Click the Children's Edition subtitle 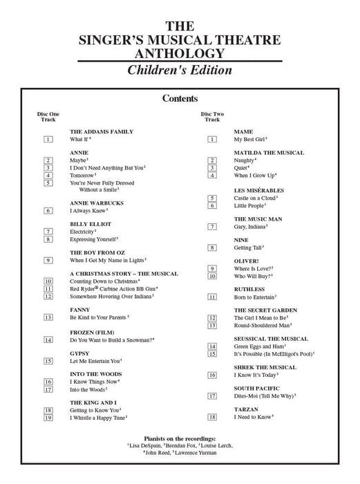pyautogui.click(x=180, y=71)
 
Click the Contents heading pyautogui.click(x=180, y=99)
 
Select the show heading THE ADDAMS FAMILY pyautogui.click(x=102, y=131)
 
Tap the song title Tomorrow pyautogui.click(x=82, y=176)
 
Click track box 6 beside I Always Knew pyautogui.click(x=48, y=210)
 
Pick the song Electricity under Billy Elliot pyautogui.click(x=83, y=232)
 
